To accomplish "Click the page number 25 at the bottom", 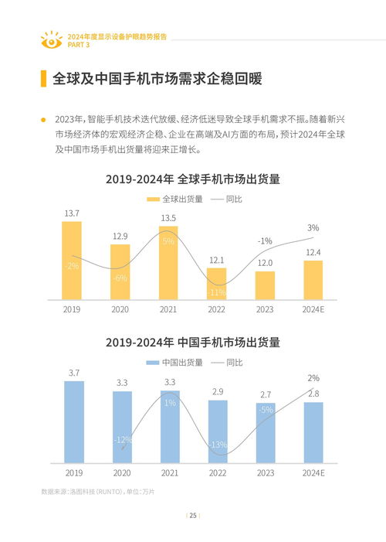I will click(x=193, y=516).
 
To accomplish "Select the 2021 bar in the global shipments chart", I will click(x=168, y=263).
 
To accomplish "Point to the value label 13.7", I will click(x=72, y=213).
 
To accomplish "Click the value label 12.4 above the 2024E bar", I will click(x=313, y=252).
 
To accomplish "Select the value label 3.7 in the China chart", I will click(x=74, y=373).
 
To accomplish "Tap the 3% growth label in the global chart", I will click(x=313, y=227).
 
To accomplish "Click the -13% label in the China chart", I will click(x=218, y=445).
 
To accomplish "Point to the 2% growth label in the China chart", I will click(x=313, y=378).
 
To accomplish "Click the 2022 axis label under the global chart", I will click(x=217, y=308).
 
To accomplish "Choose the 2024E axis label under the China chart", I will click(x=313, y=472).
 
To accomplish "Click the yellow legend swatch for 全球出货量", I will click(x=153, y=199).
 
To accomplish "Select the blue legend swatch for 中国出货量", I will click(x=153, y=363).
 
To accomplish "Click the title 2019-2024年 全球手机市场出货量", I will click(x=192, y=179).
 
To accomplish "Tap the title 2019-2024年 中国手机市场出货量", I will click(x=192, y=343).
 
